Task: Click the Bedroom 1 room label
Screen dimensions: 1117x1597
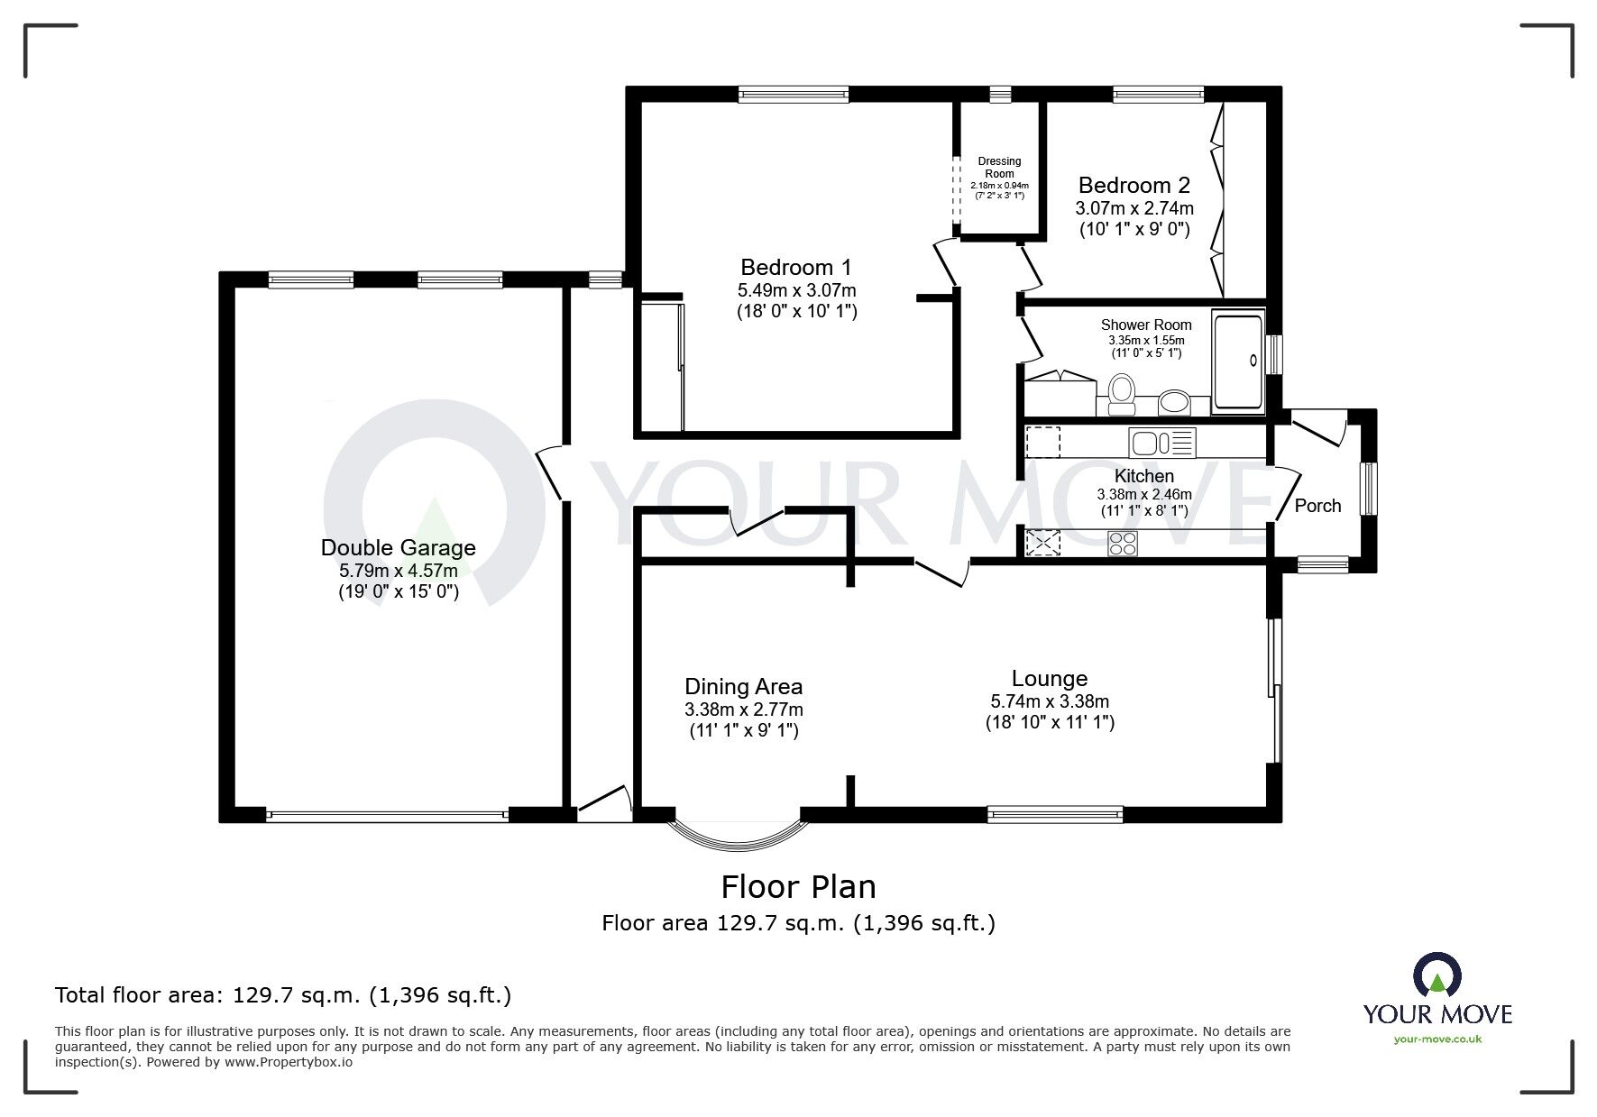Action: pyautogui.click(x=796, y=268)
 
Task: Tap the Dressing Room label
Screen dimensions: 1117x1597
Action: pyautogui.click(x=999, y=168)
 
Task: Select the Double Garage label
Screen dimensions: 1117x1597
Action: pyautogui.click(x=398, y=547)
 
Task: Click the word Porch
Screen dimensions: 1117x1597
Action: pyautogui.click(x=1317, y=506)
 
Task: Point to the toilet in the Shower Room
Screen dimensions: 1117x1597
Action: pyautogui.click(x=1122, y=394)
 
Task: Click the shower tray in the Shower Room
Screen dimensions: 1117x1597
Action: pyautogui.click(x=1239, y=361)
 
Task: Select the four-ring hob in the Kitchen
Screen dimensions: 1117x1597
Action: pyautogui.click(x=1124, y=543)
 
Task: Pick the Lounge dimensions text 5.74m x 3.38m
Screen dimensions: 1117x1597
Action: pyautogui.click(x=1050, y=701)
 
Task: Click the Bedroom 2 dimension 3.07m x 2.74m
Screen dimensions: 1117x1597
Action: pyautogui.click(x=1134, y=208)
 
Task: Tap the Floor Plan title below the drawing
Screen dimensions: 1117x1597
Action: pyautogui.click(x=798, y=887)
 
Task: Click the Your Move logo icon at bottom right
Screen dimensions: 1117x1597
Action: pyautogui.click(x=1437, y=977)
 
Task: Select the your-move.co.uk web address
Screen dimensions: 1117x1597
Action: pyautogui.click(x=1437, y=1039)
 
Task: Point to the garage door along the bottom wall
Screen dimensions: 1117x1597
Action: pyautogui.click(x=387, y=816)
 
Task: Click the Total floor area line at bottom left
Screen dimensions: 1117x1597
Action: pyautogui.click(x=283, y=996)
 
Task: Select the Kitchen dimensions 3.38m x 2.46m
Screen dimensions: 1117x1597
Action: pyautogui.click(x=1143, y=494)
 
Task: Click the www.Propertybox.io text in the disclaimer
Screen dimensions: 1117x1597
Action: pyautogui.click(x=289, y=1062)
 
